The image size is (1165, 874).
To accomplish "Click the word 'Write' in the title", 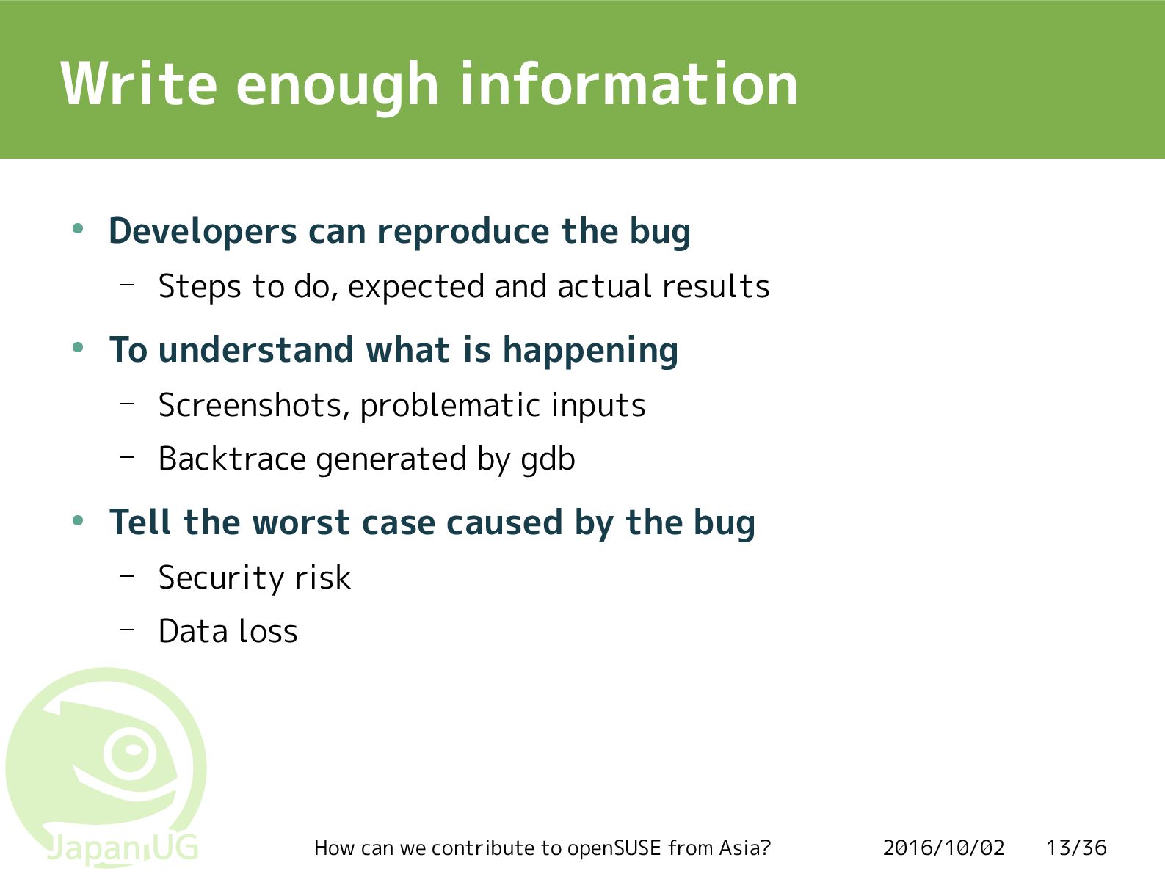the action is point(139,83).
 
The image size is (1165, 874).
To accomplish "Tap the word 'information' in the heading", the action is point(629,83).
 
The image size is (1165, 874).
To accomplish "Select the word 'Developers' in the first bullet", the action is point(203,232).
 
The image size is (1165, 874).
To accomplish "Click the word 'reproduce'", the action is point(462,232).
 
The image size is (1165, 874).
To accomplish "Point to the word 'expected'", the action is point(416,288).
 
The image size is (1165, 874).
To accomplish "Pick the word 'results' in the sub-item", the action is point(716,286).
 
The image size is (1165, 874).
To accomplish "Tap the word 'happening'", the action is point(590,351).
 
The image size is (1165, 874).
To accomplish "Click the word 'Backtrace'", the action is point(232,459).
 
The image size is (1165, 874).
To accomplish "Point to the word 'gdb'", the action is point(548,460).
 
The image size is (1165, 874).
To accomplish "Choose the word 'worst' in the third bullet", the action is point(300,523).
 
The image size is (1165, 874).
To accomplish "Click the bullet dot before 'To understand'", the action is point(78,348).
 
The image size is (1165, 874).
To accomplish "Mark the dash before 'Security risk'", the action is point(127,575).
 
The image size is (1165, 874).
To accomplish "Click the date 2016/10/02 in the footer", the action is point(944,848).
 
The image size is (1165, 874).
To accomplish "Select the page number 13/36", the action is point(1076,848).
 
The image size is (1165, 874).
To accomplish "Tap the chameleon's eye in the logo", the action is point(131,752).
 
